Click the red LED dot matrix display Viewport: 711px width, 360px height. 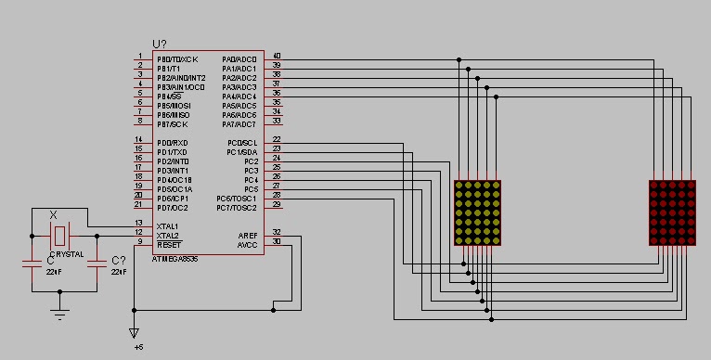(x=672, y=212)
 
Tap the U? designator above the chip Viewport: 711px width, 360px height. (x=161, y=45)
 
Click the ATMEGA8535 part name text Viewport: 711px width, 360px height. (x=175, y=259)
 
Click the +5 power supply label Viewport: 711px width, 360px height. (x=138, y=349)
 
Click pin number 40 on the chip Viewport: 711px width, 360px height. (x=277, y=56)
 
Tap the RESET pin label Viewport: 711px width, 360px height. (x=168, y=244)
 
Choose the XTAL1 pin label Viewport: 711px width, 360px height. (x=168, y=225)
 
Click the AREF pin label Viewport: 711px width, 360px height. (x=247, y=236)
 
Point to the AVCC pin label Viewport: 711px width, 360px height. (x=247, y=245)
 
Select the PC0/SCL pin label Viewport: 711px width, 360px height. (x=241, y=143)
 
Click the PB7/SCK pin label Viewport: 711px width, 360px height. (x=172, y=124)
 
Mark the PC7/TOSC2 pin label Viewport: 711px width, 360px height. (x=236, y=208)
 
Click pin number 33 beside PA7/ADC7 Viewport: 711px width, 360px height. (x=277, y=121)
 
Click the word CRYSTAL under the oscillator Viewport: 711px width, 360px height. (x=66, y=253)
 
